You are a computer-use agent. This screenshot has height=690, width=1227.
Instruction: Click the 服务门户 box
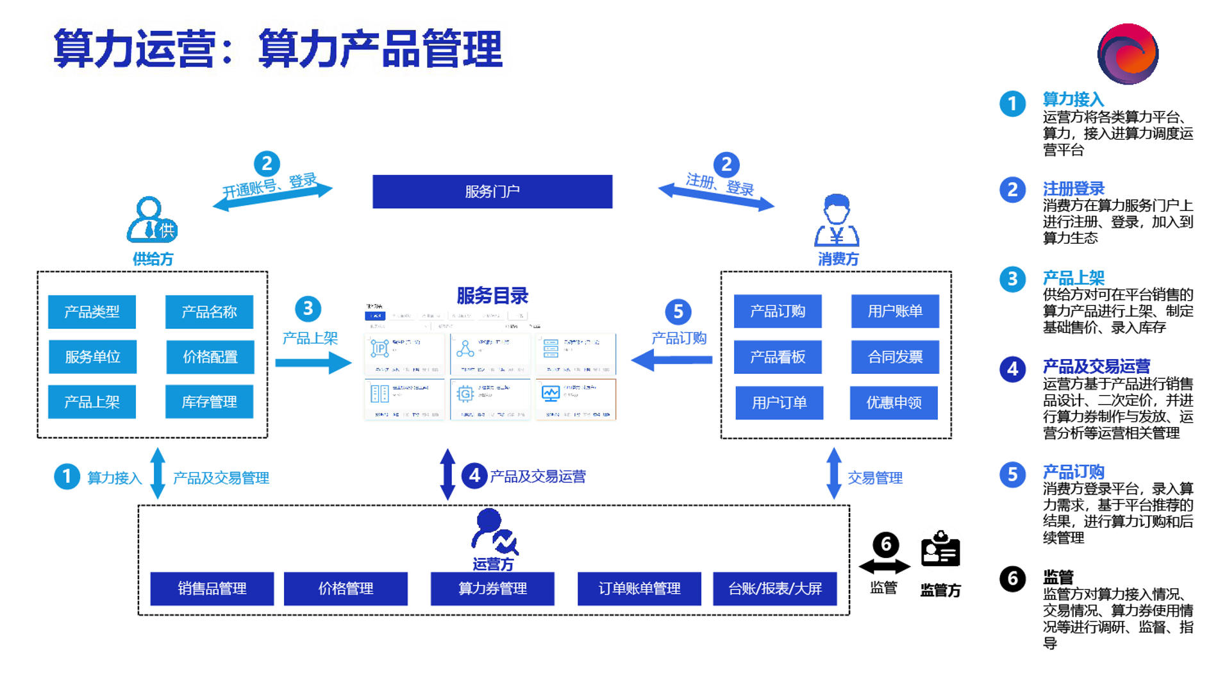tap(492, 192)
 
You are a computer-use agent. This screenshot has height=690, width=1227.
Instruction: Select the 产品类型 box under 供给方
tap(92, 312)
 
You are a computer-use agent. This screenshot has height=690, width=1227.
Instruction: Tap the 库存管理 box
tap(209, 402)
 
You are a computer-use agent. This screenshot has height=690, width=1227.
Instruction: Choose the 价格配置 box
tap(210, 357)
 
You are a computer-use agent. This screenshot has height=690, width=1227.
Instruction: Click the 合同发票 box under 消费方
tap(895, 357)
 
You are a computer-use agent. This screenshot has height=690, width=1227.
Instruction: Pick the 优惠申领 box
tap(894, 403)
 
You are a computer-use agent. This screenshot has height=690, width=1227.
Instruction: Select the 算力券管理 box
tap(492, 589)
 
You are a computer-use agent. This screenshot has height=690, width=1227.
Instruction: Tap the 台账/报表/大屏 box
tap(774, 589)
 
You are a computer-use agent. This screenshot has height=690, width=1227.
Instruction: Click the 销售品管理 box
tap(212, 589)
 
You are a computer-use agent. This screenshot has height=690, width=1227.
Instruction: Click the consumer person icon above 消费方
tap(837, 221)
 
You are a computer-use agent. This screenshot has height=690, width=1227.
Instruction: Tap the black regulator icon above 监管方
tap(940, 549)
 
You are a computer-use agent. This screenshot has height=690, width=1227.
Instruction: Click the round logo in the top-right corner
tap(1127, 54)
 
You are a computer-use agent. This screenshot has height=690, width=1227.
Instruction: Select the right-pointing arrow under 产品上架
tap(313, 363)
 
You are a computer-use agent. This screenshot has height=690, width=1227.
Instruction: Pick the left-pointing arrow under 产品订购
tap(671, 360)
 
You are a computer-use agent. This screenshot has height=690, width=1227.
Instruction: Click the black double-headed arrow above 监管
tap(884, 566)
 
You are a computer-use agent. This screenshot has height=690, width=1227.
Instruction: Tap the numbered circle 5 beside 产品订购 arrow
tap(678, 312)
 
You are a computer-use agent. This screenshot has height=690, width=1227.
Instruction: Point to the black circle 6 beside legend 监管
tap(1012, 578)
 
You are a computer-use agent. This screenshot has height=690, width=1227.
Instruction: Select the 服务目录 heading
tap(492, 296)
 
